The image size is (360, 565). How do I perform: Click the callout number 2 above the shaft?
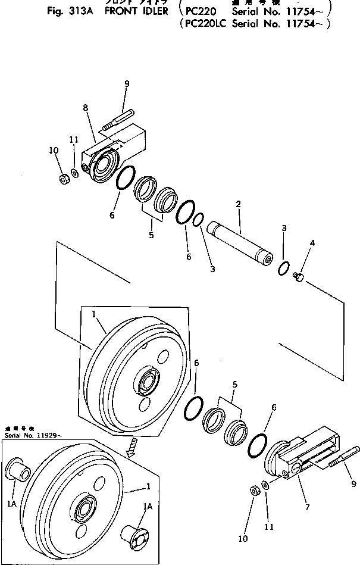coord(238,204)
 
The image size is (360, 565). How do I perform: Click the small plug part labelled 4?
coord(299,276)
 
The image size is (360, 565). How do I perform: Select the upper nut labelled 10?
coord(64,179)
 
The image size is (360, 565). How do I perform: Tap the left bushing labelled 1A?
coord(18,471)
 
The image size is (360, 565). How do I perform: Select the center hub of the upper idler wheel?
coord(146,382)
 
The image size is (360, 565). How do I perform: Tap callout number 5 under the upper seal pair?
coord(152,235)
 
